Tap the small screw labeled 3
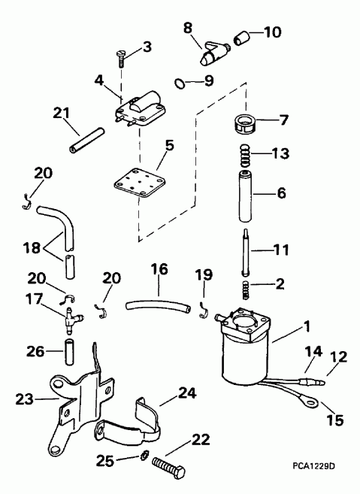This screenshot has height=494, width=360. point(122,53)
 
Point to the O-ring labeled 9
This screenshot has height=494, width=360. point(178,81)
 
